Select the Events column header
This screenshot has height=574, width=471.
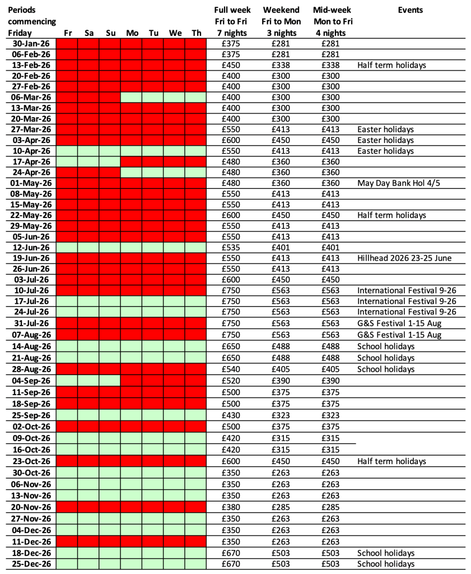point(411,10)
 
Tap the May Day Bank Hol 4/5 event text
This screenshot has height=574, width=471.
point(395,183)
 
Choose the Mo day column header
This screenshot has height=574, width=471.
point(132,33)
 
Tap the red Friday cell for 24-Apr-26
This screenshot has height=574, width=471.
point(68,173)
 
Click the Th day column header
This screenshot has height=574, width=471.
point(196,33)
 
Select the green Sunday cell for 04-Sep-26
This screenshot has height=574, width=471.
point(110,381)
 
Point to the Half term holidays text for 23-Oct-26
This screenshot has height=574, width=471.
point(391,461)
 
